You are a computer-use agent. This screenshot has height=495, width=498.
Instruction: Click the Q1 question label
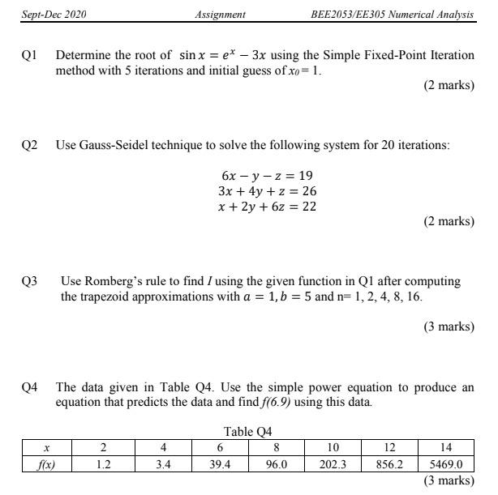(x=29, y=55)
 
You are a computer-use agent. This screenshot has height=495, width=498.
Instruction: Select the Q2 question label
(x=29, y=145)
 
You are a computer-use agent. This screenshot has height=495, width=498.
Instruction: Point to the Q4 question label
(x=29, y=387)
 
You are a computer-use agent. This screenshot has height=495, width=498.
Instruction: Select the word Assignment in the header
(x=221, y=15)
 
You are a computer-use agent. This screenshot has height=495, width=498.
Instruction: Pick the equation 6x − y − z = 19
(x=267, y=176)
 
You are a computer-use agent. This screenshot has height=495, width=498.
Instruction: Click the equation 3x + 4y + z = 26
(x=267, y=191)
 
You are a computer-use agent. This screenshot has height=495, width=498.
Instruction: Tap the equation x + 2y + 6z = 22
(x=267, y=207)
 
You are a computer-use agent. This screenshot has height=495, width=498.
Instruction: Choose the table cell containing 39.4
(x=220, y=465)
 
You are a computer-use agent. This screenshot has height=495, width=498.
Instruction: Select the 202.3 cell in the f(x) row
(x=333, y=465)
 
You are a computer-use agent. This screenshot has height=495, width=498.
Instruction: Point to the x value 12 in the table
(x=389, y=446)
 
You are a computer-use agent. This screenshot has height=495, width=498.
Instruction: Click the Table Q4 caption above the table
(x=249, y=431)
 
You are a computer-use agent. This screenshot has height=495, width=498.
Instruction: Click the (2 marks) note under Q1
(x=449, y=85)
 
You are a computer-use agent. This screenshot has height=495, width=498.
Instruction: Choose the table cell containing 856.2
(x=389, y=465)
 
